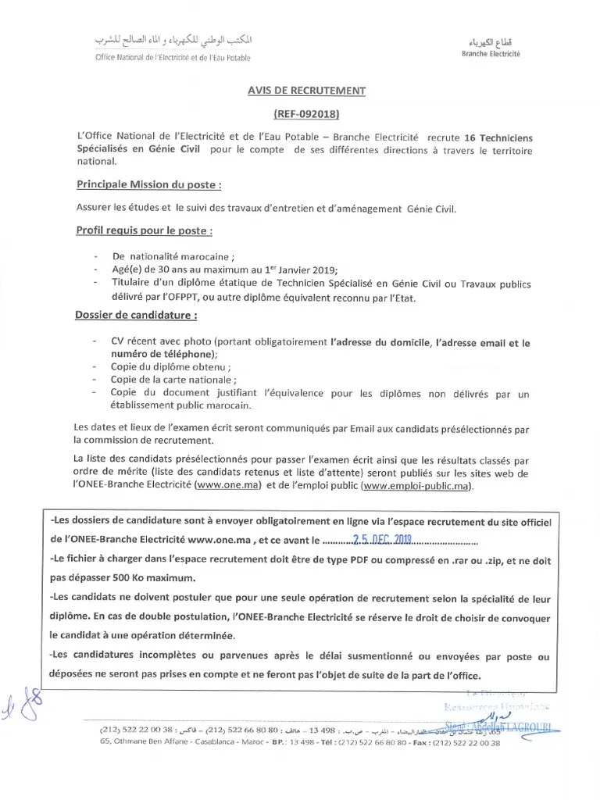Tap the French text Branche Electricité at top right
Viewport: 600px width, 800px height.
coord(490,54)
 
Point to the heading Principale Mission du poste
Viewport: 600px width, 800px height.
coord(148,185)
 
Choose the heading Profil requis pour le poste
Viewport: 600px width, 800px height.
coord(145,231)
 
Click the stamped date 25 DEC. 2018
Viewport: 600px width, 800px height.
coord(384,539)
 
